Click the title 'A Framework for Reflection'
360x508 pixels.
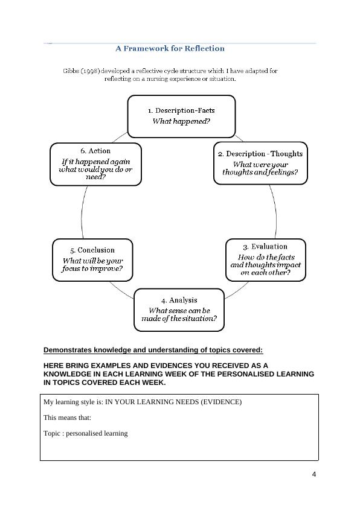point(170,48)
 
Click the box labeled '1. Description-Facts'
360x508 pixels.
point(181,116)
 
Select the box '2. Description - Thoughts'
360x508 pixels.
point(260,163)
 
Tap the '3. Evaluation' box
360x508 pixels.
point(265,259)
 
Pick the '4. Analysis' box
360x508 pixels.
point(179,310)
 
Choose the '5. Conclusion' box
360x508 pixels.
point(92,260)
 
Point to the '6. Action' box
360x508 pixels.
point(95,164)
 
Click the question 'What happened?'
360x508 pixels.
point(181,121)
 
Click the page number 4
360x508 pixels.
point(314,474)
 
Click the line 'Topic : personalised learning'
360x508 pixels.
point(85,433)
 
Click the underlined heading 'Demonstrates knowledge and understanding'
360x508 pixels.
point(153,350)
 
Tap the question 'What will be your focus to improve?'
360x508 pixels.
point(92,265)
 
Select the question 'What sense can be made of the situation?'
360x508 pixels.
point(179,314)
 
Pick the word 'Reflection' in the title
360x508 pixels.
point(202,48)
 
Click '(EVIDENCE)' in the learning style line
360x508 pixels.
point(221,402)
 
